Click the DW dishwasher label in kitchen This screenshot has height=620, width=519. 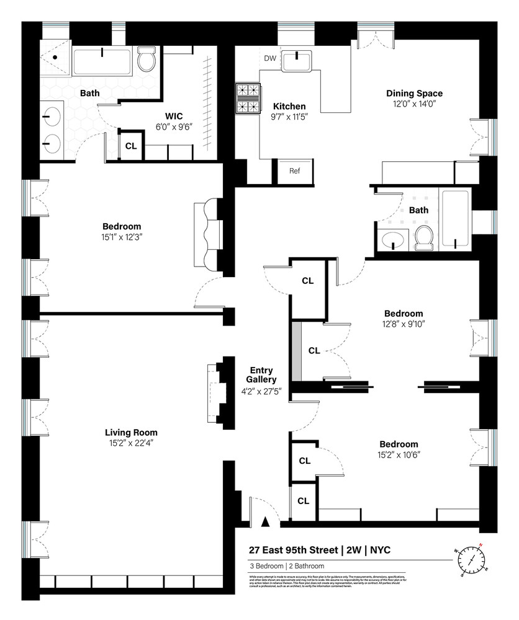269,58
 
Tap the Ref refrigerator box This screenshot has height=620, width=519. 294,170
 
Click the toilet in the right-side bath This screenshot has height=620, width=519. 424,238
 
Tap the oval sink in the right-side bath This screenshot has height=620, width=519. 392,240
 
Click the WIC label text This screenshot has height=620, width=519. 173,116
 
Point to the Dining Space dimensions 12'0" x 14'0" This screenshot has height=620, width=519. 414,104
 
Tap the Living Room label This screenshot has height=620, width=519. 131,432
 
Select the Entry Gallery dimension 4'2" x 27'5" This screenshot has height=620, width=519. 259,391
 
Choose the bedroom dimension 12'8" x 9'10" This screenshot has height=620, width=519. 403,324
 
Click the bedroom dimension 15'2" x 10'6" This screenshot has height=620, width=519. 399,454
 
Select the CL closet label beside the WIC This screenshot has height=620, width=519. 131,146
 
